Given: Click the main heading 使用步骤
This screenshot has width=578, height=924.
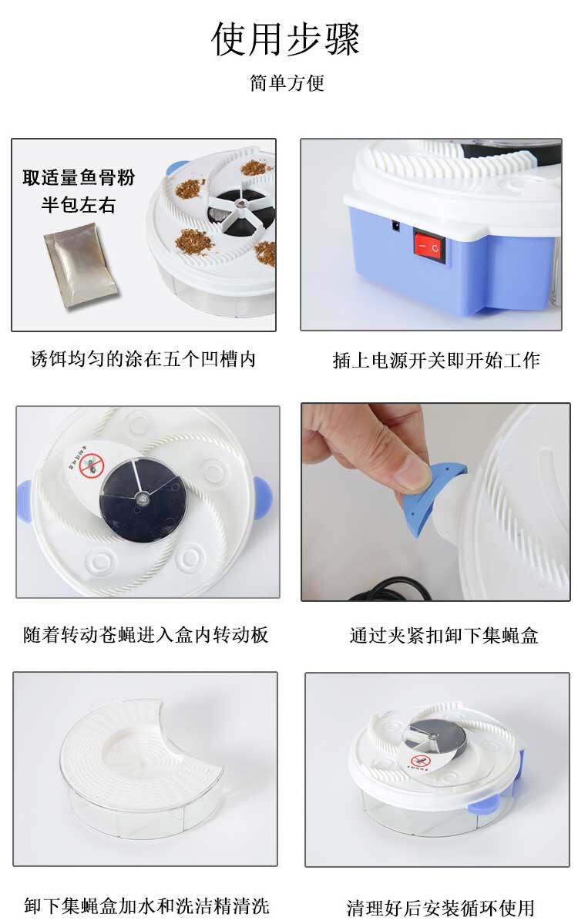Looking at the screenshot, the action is (286, 39).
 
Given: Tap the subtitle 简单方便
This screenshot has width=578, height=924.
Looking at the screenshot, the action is (287, 82).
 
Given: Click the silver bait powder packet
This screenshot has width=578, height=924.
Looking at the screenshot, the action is (82, 268).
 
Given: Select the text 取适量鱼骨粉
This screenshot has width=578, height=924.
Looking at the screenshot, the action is (79, 177).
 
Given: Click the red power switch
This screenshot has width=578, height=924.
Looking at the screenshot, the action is (429, 246).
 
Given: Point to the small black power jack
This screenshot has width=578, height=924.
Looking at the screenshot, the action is (396, 225).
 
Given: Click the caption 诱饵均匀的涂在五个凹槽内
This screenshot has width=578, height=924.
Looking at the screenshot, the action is (143, 358).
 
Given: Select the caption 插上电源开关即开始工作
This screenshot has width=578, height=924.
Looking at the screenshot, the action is (436, 360).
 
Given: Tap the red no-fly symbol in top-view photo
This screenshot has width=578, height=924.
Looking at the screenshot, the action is (92, 466).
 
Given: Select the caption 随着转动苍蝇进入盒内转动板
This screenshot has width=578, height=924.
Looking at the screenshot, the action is (146, 635).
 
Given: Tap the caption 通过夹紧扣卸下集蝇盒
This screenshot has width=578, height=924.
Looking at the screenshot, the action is (444, 635).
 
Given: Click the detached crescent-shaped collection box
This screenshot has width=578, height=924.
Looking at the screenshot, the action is (141, 769).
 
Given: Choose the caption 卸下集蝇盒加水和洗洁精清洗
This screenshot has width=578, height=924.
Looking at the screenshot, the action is (146, 906).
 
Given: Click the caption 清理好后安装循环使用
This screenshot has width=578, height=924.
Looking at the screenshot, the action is (440, 908).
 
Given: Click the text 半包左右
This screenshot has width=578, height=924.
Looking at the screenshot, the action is (79, 205).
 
